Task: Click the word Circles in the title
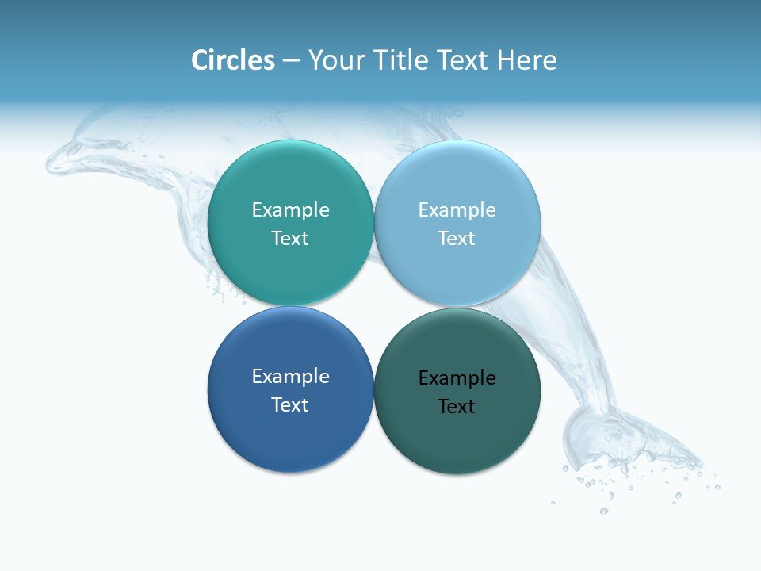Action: pos(232,60)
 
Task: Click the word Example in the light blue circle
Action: pos(457,209)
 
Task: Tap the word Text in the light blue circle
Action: pos(457,238)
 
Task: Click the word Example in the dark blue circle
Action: pos(290,376)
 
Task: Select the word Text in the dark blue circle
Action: pos(290,404)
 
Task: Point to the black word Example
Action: pos(457,378)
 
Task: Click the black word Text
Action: pos(457,407)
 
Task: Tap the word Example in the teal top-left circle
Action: pos(290,209)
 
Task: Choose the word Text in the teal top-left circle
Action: pos(290,238)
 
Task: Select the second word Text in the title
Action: pos(463,60)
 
